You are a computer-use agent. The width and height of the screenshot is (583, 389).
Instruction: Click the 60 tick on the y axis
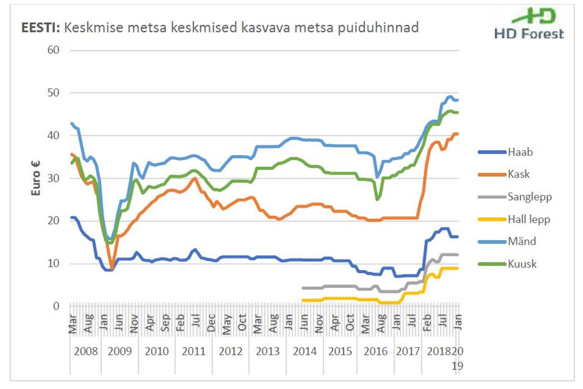click(x=53, y=50)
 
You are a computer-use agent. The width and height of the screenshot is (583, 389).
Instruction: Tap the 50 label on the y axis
click(x=53, y=93)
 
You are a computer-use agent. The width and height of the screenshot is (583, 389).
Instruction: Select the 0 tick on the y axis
click(x=56, y=306)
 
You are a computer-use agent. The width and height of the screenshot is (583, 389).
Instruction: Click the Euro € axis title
click(x=36, y=178)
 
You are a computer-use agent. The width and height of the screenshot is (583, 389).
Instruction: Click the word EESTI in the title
click(x=40, y=28)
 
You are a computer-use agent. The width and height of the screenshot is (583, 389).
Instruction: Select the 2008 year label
click(x=86, y=352)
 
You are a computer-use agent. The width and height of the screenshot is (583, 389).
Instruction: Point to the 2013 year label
click(x=268, y=352)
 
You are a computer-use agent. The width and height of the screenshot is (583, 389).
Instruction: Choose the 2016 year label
click(x=376, y=352)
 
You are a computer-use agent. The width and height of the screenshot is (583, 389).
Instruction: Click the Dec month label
click(x=211, y=323)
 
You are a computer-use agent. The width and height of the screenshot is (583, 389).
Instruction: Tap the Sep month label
click(x=165, y=323)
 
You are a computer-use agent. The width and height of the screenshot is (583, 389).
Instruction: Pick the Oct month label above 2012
click(x=242, y=323)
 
